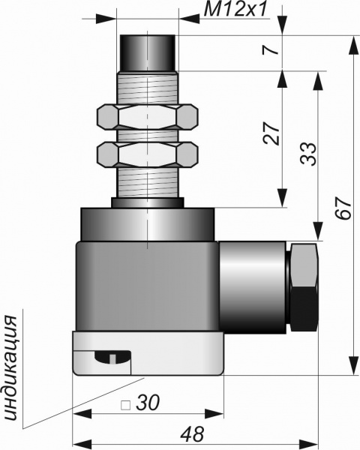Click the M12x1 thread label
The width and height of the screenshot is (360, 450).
235,10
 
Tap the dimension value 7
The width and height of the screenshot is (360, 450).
271,50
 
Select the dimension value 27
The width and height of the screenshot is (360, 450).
271,133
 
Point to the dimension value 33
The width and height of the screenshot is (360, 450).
308,154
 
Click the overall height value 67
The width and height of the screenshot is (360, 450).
343,208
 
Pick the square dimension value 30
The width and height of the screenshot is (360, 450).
148,403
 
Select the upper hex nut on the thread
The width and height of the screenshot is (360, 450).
148,116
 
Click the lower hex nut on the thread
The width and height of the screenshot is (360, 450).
148,154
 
